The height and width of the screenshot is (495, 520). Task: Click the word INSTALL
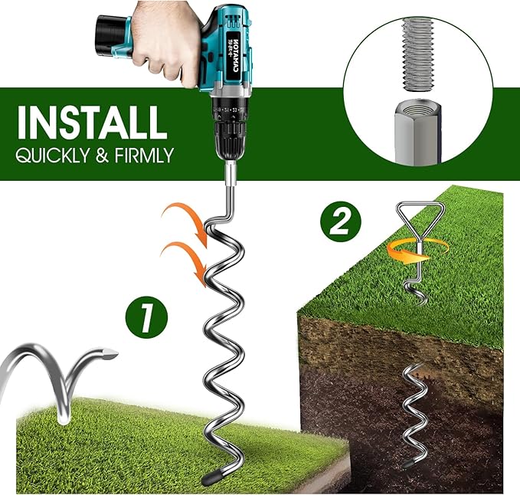click(x=90, y=122)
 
